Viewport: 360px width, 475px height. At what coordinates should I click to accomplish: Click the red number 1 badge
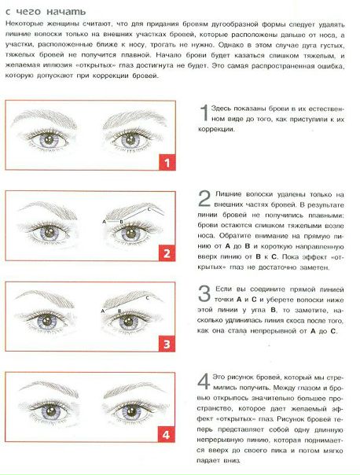point(167,162)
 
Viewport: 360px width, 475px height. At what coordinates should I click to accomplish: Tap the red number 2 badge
point(167,253)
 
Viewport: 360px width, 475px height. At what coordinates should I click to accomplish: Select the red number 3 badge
point(167,344)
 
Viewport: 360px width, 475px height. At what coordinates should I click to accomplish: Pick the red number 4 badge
point(166,434)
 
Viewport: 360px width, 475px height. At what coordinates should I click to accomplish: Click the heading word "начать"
point(66,12)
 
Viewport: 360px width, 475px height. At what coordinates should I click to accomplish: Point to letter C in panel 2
point(149,209)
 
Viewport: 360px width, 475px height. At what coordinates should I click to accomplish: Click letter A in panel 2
point(105,222)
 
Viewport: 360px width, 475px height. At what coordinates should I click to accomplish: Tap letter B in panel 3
point(119,311)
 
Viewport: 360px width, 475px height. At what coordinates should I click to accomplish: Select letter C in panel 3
point(148,298)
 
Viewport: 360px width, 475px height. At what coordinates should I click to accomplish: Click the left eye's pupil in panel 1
point(49,140)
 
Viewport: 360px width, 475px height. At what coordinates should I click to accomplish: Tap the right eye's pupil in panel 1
point(130,140)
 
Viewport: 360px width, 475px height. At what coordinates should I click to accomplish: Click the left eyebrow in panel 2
point(48,209)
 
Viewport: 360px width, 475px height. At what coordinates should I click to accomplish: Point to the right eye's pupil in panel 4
point(131,411)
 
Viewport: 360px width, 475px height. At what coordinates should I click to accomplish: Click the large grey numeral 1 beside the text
point(204,112)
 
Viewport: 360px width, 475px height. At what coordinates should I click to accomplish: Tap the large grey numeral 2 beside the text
point(204,199)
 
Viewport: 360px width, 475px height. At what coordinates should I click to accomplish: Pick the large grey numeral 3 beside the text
point(204,294)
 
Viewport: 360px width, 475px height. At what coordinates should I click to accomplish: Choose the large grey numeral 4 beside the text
point(204,381)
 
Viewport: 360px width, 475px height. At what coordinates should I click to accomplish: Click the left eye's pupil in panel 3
point(47,321)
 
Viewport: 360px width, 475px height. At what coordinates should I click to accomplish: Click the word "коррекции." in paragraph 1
point(216,129)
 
